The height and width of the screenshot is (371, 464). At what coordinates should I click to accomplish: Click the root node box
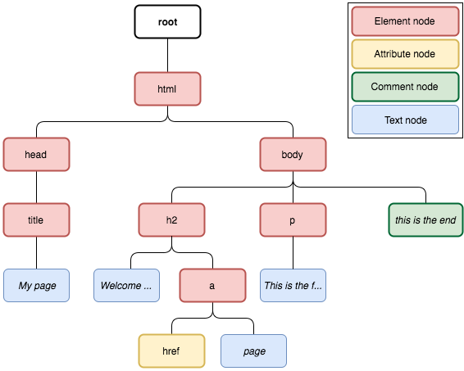[167, 21]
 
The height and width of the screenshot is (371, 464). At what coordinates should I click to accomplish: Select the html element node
[167, 88]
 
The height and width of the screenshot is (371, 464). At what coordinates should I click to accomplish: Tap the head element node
[36, 154]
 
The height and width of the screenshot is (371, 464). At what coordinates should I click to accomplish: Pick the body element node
[293, 154]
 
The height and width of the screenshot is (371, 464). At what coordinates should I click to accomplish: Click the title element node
[36, 220]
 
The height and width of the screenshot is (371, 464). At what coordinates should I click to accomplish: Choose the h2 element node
[171, 220]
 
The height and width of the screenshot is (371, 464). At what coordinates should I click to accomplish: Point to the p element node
[293, 220]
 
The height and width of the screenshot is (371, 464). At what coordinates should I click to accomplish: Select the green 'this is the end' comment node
[425, 220]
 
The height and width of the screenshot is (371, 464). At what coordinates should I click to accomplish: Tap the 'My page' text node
[36, 285]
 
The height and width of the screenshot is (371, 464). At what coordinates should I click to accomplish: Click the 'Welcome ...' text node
[126, 285]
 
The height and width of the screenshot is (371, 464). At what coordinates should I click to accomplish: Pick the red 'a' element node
[212, 285]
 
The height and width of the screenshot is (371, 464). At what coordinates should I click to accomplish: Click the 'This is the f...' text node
[293, 285]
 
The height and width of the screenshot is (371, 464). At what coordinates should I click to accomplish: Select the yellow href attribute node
[171, 351]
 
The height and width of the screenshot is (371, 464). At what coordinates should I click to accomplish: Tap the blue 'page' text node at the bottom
[253, 351]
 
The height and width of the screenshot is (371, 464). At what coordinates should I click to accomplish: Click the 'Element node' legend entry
[406, 21]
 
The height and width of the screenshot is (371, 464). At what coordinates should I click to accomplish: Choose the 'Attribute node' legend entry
[406, 54]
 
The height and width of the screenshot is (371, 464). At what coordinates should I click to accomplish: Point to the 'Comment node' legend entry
[406, 87]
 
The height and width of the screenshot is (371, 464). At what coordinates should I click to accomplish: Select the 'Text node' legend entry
[406, 120]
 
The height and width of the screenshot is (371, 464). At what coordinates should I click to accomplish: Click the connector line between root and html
[167, 55]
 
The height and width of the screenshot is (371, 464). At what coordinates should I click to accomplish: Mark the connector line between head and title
[36, 187]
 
